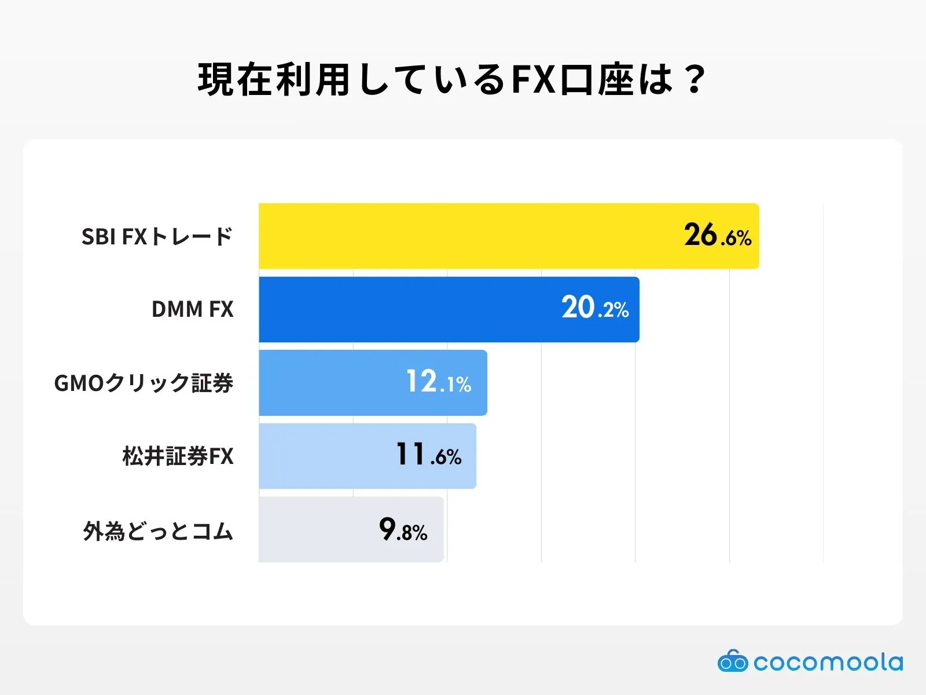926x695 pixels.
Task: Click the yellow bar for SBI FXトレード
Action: pyautogui.click(x=463, y=236)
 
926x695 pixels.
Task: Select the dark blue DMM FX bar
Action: pyautogui.click(x=405, y=309)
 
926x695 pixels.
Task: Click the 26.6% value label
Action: pyautogui.click(x=718, y=236)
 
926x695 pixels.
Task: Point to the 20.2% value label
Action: pyautogui.click(x=595, y=308)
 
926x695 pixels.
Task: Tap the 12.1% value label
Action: pyautogui.click(x=439, y=382)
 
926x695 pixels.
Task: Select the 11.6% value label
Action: pyautogui.click(x=429, y=455)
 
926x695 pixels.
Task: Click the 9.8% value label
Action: pyautogui.click(x=403, y=529)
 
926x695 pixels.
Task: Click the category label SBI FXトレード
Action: pyautogui.click(x=157, y=236)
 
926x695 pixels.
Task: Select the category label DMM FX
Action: pyautogui.click(x=192, y=309)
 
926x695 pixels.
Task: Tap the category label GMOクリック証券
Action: pyautogui.click(x=144, y=383)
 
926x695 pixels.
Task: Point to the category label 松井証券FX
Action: pyautogui.click(x=178, y=456)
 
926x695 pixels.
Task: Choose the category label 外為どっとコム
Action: pyautogui.click(x=157, y=531)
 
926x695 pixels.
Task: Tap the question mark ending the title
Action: pyautogui.click(x=693, y=79)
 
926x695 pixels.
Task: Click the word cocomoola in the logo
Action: pyautogui.click(x=828, y=662)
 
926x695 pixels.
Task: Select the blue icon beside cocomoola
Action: pyautogui.click(x=733, y=661)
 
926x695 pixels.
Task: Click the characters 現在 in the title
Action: pyautogui.click(x=236, y=79)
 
